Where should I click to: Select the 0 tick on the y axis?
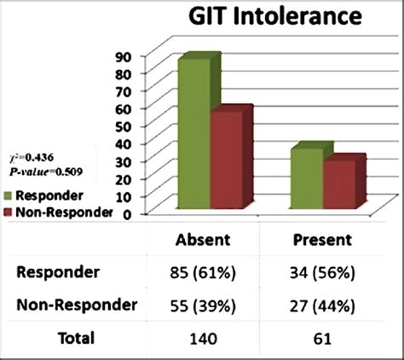click(x=125, y=214)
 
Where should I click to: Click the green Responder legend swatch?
click(x=9, y=195)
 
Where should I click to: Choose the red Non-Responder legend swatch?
click(x=9, y=212)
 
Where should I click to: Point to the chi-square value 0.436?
click(x=34, y=157)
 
